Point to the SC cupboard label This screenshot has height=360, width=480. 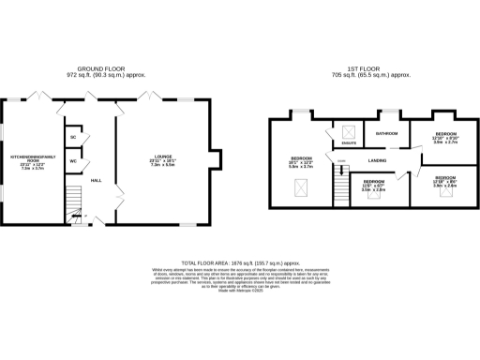pos(72,138)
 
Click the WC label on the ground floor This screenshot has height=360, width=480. pos(72,160)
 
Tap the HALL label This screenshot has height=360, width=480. pos(97,181)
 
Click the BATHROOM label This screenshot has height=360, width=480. pos(387,134)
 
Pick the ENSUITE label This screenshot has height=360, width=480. pos(349,143)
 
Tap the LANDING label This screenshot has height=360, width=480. pos(367,161)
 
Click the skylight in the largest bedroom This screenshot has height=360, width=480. pos(303,193)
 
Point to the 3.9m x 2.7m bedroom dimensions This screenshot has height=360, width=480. pos(444,142)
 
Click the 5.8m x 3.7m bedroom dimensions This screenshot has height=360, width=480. pos(300,167)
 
